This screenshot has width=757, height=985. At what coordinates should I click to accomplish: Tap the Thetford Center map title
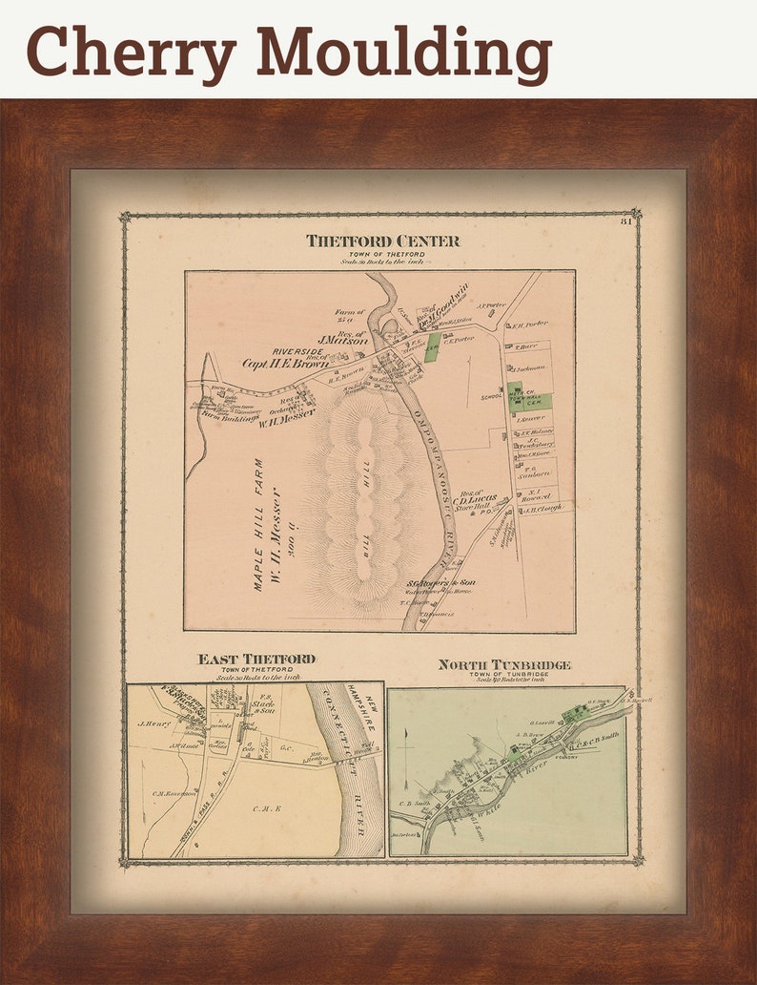382,241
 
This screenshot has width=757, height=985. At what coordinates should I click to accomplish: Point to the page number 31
625,222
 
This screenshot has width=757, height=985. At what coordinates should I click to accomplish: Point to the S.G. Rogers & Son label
441,582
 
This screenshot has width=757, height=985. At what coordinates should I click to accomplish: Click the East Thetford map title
256,660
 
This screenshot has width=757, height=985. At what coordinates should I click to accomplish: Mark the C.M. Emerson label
173,791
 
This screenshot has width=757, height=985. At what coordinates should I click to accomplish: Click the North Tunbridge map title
504,664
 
